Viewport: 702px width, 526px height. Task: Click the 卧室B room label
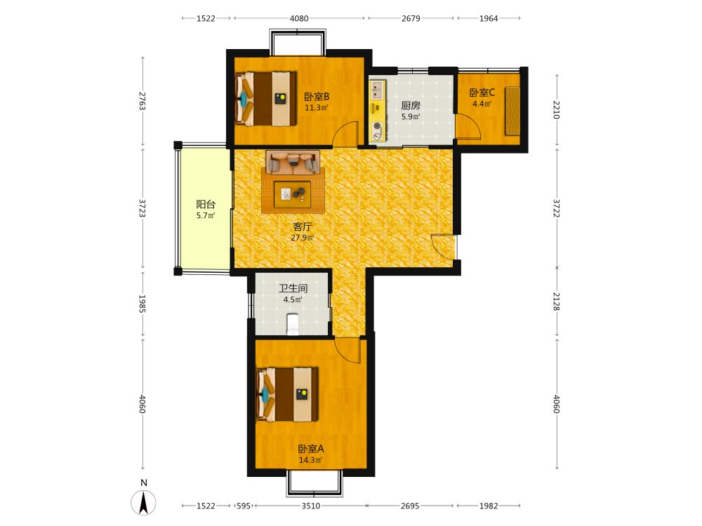pos(317,97)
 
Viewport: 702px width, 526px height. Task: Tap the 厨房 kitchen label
pos(411,106)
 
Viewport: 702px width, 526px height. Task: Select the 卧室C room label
pos(482,93)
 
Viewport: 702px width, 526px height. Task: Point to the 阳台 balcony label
pos(206,204)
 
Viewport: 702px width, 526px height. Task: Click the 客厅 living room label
pos(303,227)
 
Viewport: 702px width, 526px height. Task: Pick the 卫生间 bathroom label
pos(293,288)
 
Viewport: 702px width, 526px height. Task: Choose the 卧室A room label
pos(311,449)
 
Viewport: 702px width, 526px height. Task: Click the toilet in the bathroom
pos(293,324)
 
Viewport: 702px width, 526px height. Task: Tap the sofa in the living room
pos(293,162)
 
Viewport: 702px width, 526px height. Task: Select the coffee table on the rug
pos(292,194)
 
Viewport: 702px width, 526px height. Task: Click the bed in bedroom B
pos(266,99)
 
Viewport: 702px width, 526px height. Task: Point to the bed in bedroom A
pos(287,394)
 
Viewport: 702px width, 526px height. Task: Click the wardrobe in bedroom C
pos(513,111)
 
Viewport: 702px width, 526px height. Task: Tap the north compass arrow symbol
pos(144,502)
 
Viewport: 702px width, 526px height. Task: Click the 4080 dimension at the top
pos(299,18)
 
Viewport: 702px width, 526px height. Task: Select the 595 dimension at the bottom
pos(244,506)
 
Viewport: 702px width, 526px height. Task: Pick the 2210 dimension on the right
pos(557,109)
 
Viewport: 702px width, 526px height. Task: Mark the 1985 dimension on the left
pos(143,304)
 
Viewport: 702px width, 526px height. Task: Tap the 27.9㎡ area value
pos(303,238)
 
